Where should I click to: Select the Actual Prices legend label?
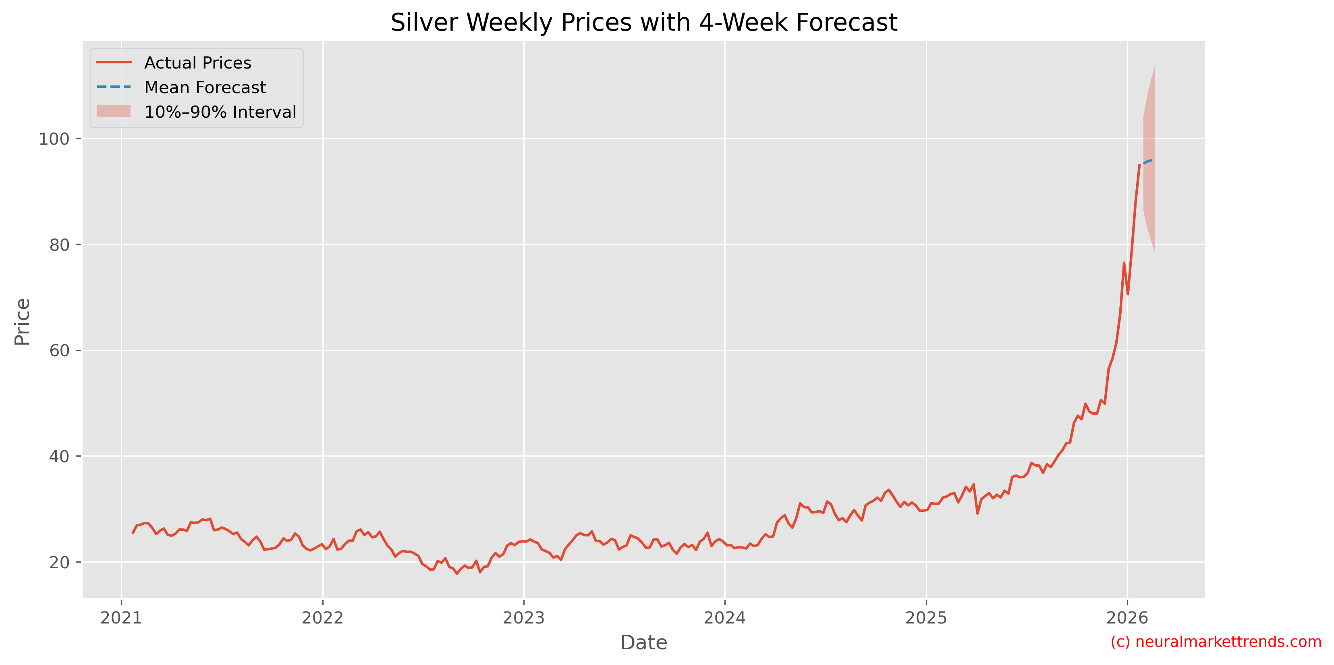click(197, 62)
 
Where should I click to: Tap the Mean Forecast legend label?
click(205, 87)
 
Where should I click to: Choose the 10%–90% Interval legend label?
click(220, 112)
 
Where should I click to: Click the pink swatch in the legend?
click(113, 111)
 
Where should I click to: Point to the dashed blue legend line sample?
click(113, 87)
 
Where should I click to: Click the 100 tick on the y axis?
click(54, 139)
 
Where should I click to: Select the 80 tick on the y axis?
click(59, 245)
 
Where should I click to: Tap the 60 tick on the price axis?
click(59, 351)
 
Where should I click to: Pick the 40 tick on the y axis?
click(59, 456)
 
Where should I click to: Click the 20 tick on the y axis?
click(59, 563)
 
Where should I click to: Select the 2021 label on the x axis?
click(121, 617)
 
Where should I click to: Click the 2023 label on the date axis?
click(523, 617)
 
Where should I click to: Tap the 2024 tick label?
click(724, 617)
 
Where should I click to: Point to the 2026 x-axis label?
click(1127, 617)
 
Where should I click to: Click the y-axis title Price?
click(22, 321)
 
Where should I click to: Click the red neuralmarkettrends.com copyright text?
click(1216, 642)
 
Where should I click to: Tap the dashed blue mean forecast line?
click(1147, 162)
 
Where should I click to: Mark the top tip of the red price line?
click(1139, 165)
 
